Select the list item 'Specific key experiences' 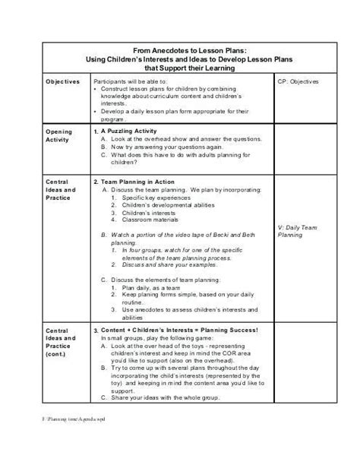(x=155, y=201)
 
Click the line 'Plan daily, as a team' (x=150, y=289)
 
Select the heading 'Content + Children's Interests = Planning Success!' (x=181, y=331)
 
